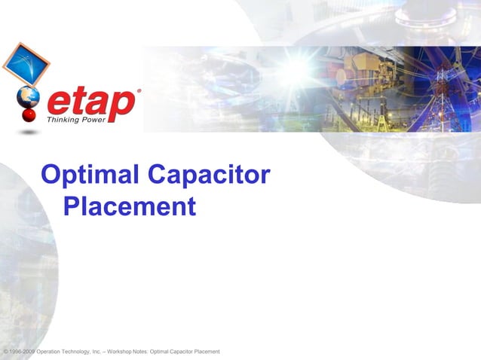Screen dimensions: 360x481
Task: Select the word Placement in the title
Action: pos(130,206)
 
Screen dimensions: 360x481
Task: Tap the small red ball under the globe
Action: pos(29,115)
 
